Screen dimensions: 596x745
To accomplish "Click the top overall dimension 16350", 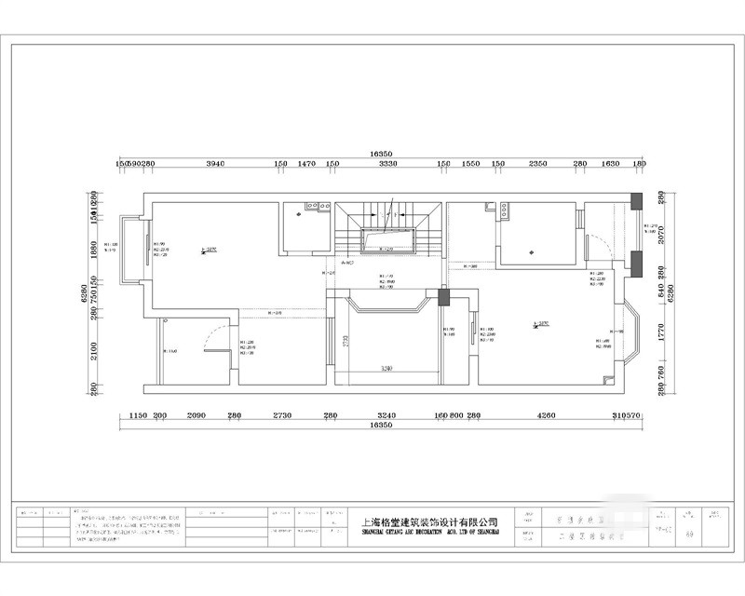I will [379, 152].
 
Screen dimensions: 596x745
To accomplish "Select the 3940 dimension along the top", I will [215, 164].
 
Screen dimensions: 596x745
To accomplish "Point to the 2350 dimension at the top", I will [537, 164].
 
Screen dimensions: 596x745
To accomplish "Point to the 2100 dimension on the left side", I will [107, 350].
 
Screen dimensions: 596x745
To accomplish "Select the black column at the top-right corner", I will [637, 199].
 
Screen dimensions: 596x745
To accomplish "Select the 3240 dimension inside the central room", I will [386, 369].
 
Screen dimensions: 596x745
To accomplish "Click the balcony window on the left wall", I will [145, 252].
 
